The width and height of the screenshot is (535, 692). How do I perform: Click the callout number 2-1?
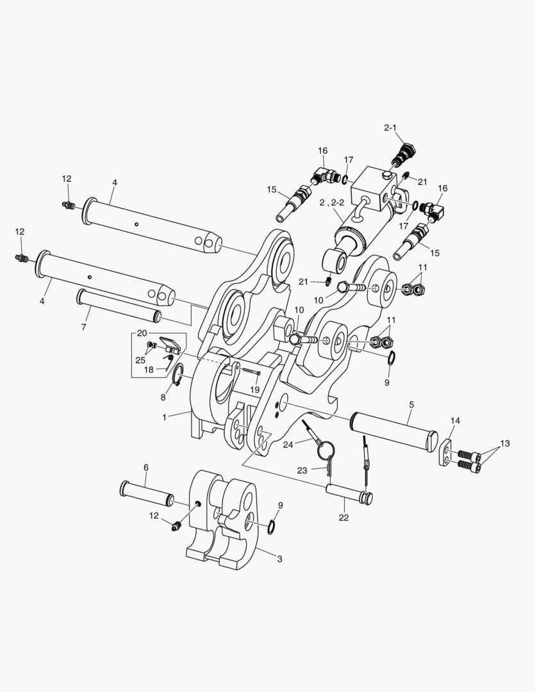(x=390, y=128)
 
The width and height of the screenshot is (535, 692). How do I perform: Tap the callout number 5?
(x=411, y=404)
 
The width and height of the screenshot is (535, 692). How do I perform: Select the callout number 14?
(x=455, y=420)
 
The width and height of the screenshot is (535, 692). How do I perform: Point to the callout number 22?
(x=343, y=517)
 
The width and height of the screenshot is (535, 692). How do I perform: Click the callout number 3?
(x=279, y=559)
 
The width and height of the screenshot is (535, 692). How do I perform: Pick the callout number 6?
(x=146, y=467)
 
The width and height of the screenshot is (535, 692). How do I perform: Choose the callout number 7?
(x=83, y=327)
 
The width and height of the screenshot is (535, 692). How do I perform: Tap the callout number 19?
(x=255, y=390)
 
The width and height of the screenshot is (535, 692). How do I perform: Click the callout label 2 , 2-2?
(x=332, y=202)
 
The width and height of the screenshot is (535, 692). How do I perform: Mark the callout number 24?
(x=288, y=445)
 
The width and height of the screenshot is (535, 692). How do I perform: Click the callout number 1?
(x=165, y=417)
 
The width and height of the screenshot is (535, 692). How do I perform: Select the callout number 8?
(x=163, y=397)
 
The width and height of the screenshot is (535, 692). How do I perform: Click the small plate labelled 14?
(x=445, y=452)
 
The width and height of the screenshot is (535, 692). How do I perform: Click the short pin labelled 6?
(x=147, y=493)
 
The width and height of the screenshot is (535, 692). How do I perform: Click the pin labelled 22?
(x=349, y=494)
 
